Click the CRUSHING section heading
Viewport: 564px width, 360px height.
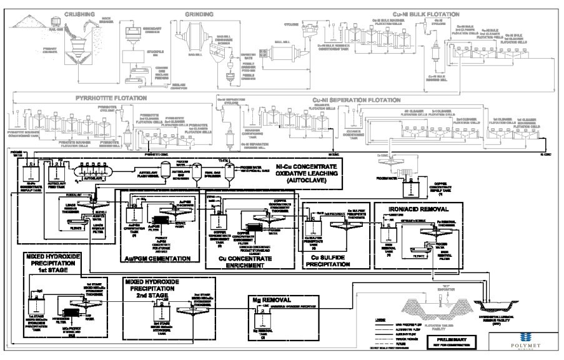(79, 13)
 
